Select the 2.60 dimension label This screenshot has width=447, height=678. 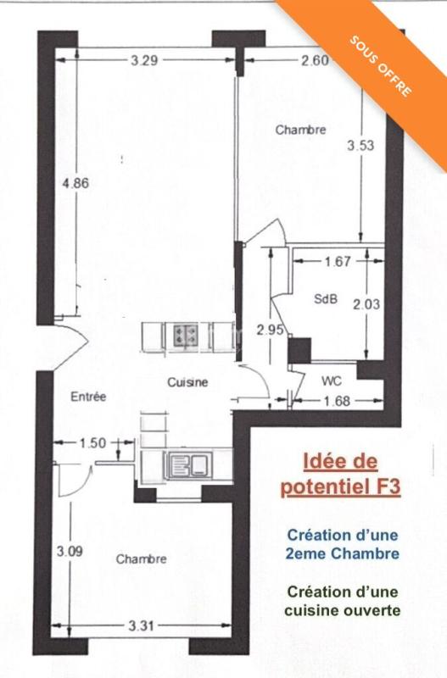pyautogui.click(x=316, y=60)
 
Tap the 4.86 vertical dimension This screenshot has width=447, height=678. pyautogui.click(x=75, y=182)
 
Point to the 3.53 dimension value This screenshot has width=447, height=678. pyautogui.click(x=360, y=146)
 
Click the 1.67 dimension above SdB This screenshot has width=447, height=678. pyautogui.click(x=337, y=262)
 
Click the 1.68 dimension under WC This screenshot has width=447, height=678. pyautogui.click(x=337, y=401)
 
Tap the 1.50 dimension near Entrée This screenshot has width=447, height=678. pyautogui.click(x=93, y=442)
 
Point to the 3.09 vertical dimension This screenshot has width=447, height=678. pyautogui.click(x=70, y=552)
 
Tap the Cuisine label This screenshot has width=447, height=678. pyautogui.click(x=187, y=382)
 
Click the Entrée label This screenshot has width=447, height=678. pyautogui.click(x=87, y=397)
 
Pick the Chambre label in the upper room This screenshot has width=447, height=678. pyautogui.click(x=301, y=130)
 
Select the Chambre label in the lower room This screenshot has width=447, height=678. pyautogui.click(x=141, y=559)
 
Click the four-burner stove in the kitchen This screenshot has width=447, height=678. pyautogui.click(x=187, y=335)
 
